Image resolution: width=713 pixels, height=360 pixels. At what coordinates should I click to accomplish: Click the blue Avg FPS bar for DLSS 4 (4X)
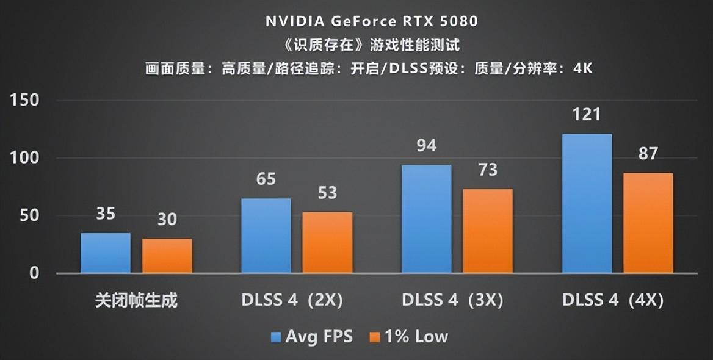pyautogui.click(x=587, y=203)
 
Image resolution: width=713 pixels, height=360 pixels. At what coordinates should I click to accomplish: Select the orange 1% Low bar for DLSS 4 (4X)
pyautogui.click(x=648, y=223)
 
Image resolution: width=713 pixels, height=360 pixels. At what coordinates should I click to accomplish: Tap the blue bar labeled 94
pyautogui.click(x=426, y=218)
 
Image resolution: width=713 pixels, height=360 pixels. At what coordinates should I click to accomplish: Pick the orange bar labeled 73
pyautogui.click(x=487, y=231)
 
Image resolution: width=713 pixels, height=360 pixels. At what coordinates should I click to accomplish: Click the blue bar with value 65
pyautogui.click(x=266, y=236)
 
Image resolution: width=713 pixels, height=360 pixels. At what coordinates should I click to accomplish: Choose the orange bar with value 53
pyautogui.click(x=327, y=242)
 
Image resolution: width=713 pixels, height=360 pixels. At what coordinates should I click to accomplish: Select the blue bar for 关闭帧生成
pyautogui.click(x=106, y=253)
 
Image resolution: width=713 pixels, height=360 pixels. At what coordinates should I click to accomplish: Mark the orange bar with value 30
pyautogui.click(x=167, y=256)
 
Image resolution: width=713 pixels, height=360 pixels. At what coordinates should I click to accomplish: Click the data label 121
pyautogui.click(x=587, y=115)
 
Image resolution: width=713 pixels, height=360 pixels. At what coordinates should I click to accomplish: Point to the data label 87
pyautogui.click(x=648, y=154)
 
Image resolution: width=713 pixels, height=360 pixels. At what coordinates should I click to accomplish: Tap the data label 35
pyautogui.click(x=106, y=214)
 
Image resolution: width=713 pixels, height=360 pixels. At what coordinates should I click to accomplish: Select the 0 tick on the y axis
pyautogui.click(x=34, y=273)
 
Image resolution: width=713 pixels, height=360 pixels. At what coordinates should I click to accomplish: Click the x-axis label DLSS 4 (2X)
pyautogui.click(x=292, y=301)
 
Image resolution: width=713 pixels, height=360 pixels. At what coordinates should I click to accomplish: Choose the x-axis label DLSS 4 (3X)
pyautogui.click(x=452, y=301)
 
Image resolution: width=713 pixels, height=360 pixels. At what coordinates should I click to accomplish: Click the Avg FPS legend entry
pyautogui.click(x=312, y=336)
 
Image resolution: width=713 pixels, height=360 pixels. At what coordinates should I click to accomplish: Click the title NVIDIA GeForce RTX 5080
pyautogui.click(x=371, y=21)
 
